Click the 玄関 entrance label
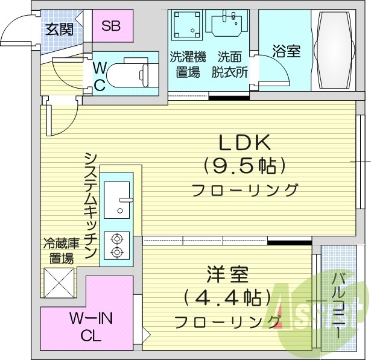[x=59, y=30]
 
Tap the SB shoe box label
[x=111, y=26]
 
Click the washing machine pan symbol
[x=185, y=25]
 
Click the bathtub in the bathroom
[x=334, y=50]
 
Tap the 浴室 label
[x=287, y=51]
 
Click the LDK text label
[x=245, y=142]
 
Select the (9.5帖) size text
[x=244, y=166]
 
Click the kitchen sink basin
[x=117, y=200]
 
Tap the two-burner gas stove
[x=117, y=246]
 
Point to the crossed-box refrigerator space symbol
[x=59, y=283]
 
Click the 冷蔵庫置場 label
[x=62, y=251]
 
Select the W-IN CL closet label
[x=90, y=327]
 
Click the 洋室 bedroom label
[x=227, y=274]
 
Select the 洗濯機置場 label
[x=188, y=65]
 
